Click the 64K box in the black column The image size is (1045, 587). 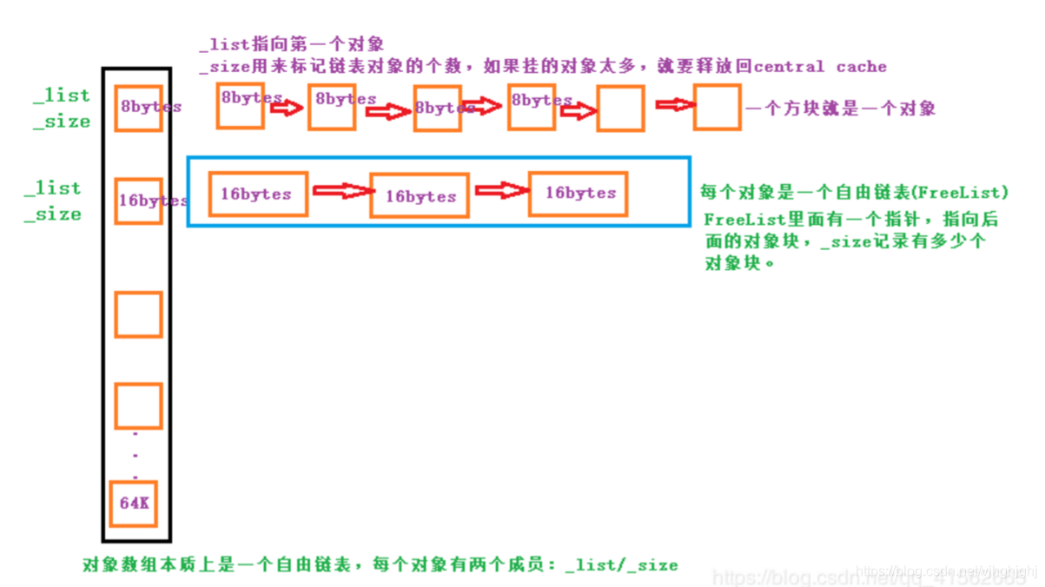point(134,503)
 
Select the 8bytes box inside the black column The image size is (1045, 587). point(138,108)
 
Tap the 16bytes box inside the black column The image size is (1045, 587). point(138,201)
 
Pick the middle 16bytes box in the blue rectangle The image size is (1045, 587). point(420,196)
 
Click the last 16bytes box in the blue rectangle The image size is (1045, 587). point(579,193)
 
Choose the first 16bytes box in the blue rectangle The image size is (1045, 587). point(258,194)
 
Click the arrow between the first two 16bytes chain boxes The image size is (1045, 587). point(340,190)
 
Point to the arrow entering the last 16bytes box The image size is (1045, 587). point(500,190)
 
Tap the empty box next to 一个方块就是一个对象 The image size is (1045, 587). point(717,107)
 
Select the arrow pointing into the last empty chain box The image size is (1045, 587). point(674,104)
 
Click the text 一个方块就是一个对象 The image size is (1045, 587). point(839,109)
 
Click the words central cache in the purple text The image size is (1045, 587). point(820,67)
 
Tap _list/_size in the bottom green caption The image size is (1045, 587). point(621,564)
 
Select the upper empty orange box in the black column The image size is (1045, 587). point(138,314)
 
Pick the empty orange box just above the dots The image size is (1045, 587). point(138,406)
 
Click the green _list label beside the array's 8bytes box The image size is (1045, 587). point(62,96)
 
